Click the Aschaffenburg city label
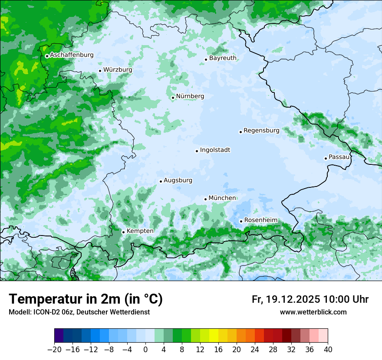coord(72,55)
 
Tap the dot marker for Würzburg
coord(100,71)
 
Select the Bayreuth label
coord(223,58)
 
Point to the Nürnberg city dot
coord(173,98)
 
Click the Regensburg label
coord(261,130)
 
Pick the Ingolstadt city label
coord(215,150)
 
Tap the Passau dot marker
coord(326,158)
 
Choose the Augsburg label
coord(178,180)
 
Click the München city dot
coord(206,199)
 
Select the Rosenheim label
coord(260,220)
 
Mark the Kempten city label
coord(140,231)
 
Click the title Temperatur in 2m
coord(86,299)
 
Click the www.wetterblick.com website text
coord(313,312)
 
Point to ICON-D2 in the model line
coord(44,312)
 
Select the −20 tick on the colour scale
coord(55,350)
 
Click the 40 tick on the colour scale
coord(328,350)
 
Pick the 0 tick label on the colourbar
coord(145,350)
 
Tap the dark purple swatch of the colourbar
coord(59,336)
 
